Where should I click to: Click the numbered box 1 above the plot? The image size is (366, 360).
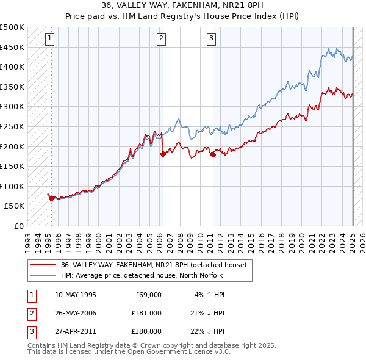(x=49, y=38)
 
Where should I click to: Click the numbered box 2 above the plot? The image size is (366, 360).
(x=162, y=38)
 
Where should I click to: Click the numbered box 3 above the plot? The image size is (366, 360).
(x=211, y=38)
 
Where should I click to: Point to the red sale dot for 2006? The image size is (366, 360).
(x=163, y=154)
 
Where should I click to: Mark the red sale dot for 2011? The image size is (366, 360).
(x=213, y=154)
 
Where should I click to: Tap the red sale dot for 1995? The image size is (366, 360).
(x=51, y=198)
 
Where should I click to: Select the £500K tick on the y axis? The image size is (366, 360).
(x=12, y=27)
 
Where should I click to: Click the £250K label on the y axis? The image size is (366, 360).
(x=12, y=126)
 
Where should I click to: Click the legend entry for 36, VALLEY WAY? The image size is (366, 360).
(x=153, y=265)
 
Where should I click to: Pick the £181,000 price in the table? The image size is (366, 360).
(x=146, y=313)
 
